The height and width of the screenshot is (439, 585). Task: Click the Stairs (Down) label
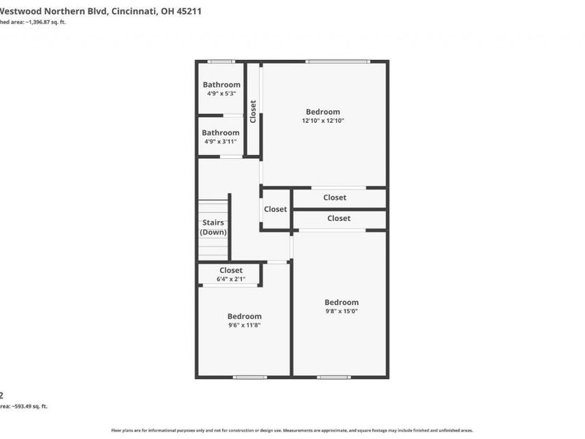pyautogui.click(x=214, y=227)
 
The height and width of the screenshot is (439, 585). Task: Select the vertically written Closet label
pyautogui.click(x=253, y=111)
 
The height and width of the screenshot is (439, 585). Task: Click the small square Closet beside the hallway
pyautogui.click(x=276, y=209)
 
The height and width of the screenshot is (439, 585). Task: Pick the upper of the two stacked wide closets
pyautogui.click(x=335, y=198)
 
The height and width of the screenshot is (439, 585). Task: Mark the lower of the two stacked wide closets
pyautogui.click(x=339, y=219)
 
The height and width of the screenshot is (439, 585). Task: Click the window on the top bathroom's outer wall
pyautogui.click(x=221, y=61)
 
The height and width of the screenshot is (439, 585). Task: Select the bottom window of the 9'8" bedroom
pyautogui.click(x=334, y=378)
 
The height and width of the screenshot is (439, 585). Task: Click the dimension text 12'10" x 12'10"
pyautogui.click(x=322, y=121)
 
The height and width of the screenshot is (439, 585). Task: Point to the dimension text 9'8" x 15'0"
pyautogui.click(x=341, y=311)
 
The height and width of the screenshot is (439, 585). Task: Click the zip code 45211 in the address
pyautogui.click(x=186, y=12)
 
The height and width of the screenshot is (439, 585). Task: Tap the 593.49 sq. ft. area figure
pyautogui.click(x=29, y=405)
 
